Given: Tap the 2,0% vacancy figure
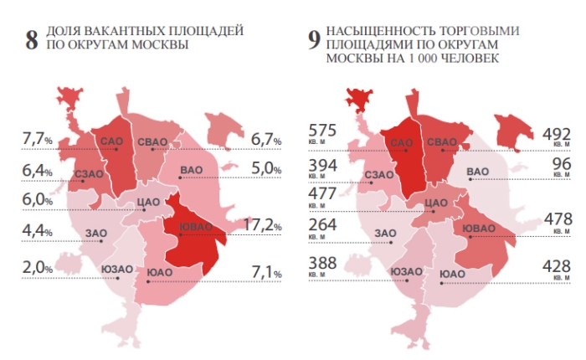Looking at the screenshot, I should (37, 268).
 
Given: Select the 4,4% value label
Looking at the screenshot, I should (37, 231).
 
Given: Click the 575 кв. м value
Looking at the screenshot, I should (323, 135).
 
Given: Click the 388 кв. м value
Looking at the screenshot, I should (323, 265).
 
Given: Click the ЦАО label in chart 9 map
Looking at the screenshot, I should (437, 203).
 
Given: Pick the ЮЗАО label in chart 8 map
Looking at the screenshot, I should (116, 269).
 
